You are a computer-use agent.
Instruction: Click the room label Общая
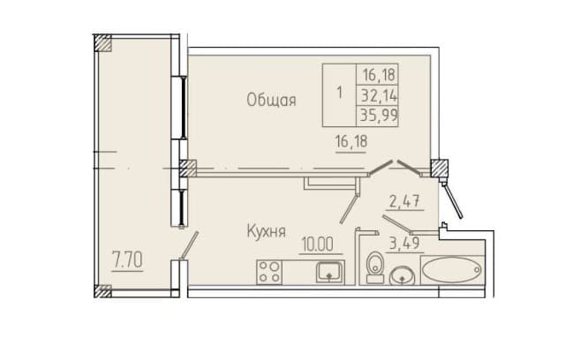click(271, 100)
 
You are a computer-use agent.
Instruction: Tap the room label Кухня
click(267, 231)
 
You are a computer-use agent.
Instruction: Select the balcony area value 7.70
click(127, 259)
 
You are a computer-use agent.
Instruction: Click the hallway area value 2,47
click(404, 201)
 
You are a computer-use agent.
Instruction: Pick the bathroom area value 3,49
click(404, 243)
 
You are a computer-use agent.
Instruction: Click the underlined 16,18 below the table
click(351, 141)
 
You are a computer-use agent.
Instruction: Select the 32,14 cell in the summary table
click(379, 96)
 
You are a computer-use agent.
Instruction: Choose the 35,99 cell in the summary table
click(379, 116)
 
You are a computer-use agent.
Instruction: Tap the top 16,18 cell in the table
click(379, 75)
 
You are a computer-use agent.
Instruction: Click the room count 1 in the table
click(339, 94)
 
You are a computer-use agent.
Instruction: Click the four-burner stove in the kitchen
click(269, 272)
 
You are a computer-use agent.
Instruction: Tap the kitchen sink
click(329, 272)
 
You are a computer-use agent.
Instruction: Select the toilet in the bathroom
click(374, 267)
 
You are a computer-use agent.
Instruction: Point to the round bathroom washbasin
click(402, 275)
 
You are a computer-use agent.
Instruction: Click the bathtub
click(452, 269)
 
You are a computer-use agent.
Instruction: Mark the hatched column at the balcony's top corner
click(102, 43)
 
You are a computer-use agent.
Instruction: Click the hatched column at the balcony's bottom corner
click(102, 291)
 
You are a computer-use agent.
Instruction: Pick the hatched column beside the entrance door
click(440, 169)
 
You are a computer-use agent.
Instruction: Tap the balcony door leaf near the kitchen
click(190, 245)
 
